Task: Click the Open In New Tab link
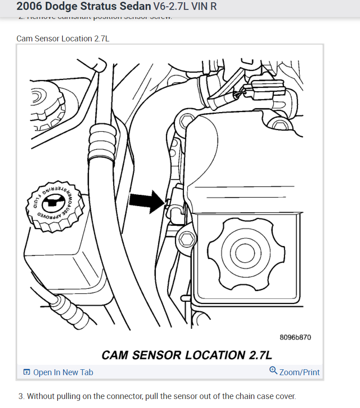[x=63, y=372]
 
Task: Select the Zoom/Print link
[x=299, y=372]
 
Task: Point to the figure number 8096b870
[x=295, y=337]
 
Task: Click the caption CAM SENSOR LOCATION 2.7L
[x=187, y=355]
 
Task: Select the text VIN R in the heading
[x=206, y=7]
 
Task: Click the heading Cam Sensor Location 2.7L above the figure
[x=63, y=39]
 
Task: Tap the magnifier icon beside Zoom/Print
[x=273, y=371]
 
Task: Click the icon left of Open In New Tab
[x=27, y=372]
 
